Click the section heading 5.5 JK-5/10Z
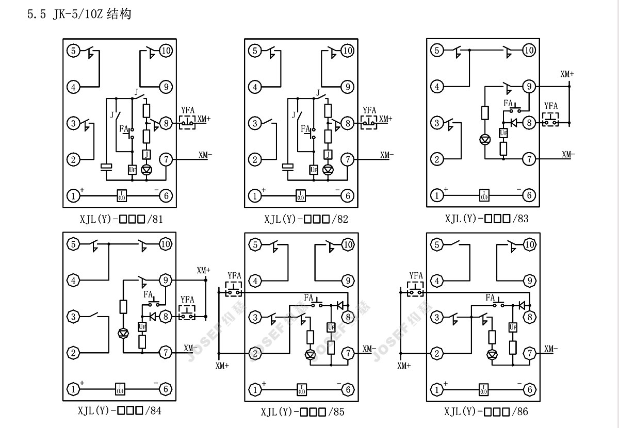[79, 14]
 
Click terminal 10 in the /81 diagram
[166, 51]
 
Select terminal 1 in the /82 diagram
[255, 195]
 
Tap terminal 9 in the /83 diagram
[529, 87]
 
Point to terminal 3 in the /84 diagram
[74, 317]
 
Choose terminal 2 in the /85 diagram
[255, 353]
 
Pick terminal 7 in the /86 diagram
[529, 353]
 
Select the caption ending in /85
[302, 411]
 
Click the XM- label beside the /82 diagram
[387, 154]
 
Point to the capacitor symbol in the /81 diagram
[107, 167]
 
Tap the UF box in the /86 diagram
[512, 327]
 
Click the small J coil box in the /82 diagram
[328, 154]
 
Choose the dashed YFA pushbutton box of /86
[416, 292]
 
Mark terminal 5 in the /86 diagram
[437, 244]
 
